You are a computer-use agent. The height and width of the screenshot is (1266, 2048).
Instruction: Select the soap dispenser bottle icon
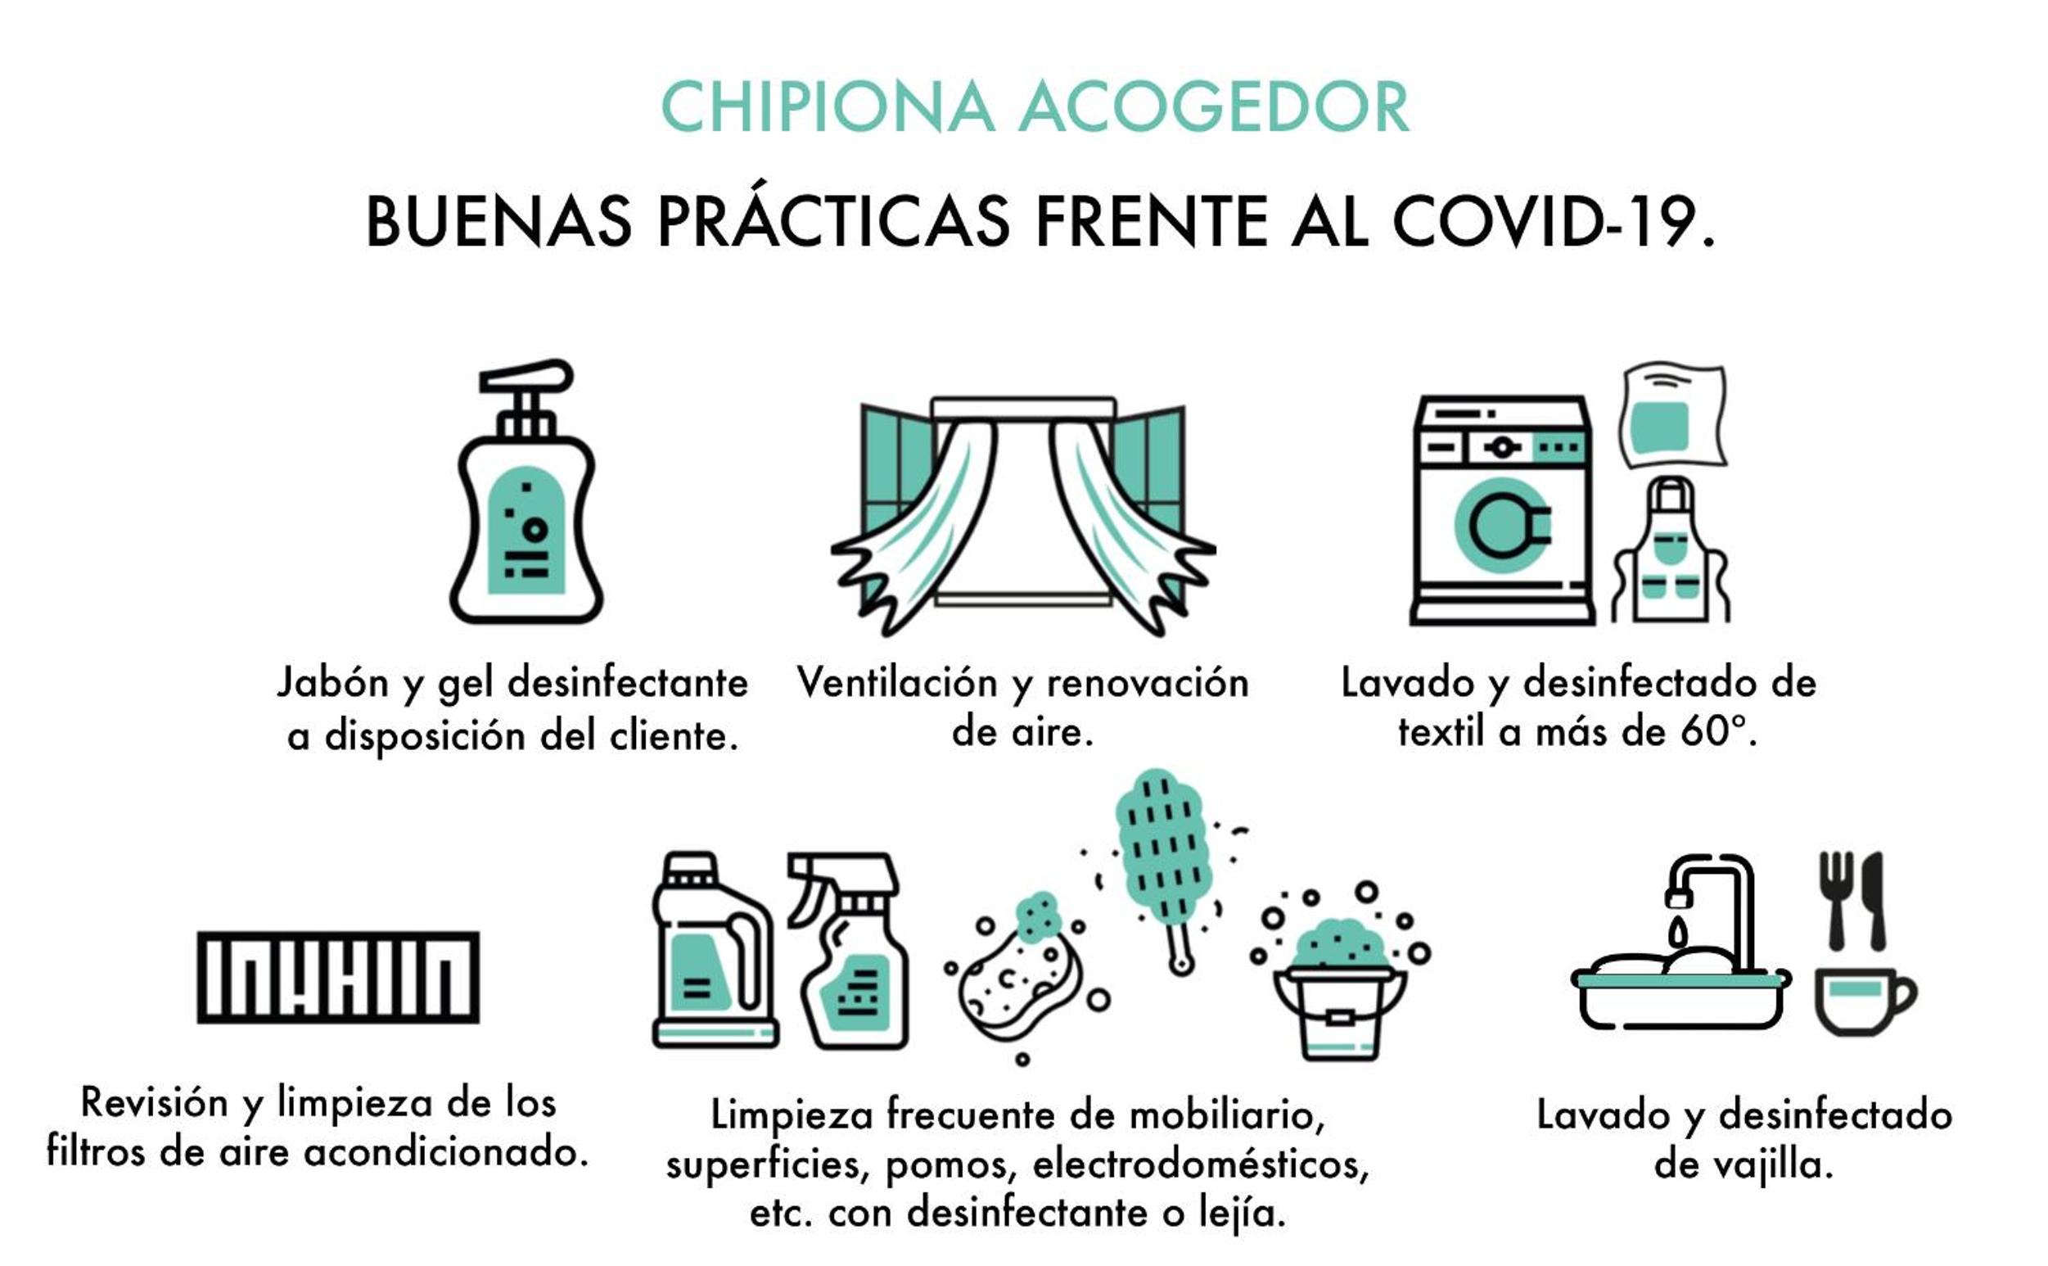coord(526,492)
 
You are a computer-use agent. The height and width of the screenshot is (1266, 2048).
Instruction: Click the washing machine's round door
coord(1502,526)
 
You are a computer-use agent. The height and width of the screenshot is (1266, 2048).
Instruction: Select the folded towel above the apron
coord(1672,415)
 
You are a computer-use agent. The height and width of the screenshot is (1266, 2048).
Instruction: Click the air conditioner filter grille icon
coord(338,977)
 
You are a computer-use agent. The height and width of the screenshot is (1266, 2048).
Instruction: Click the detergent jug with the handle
coord(714,951)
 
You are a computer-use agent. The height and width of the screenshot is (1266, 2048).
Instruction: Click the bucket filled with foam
coord(1340,988)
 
